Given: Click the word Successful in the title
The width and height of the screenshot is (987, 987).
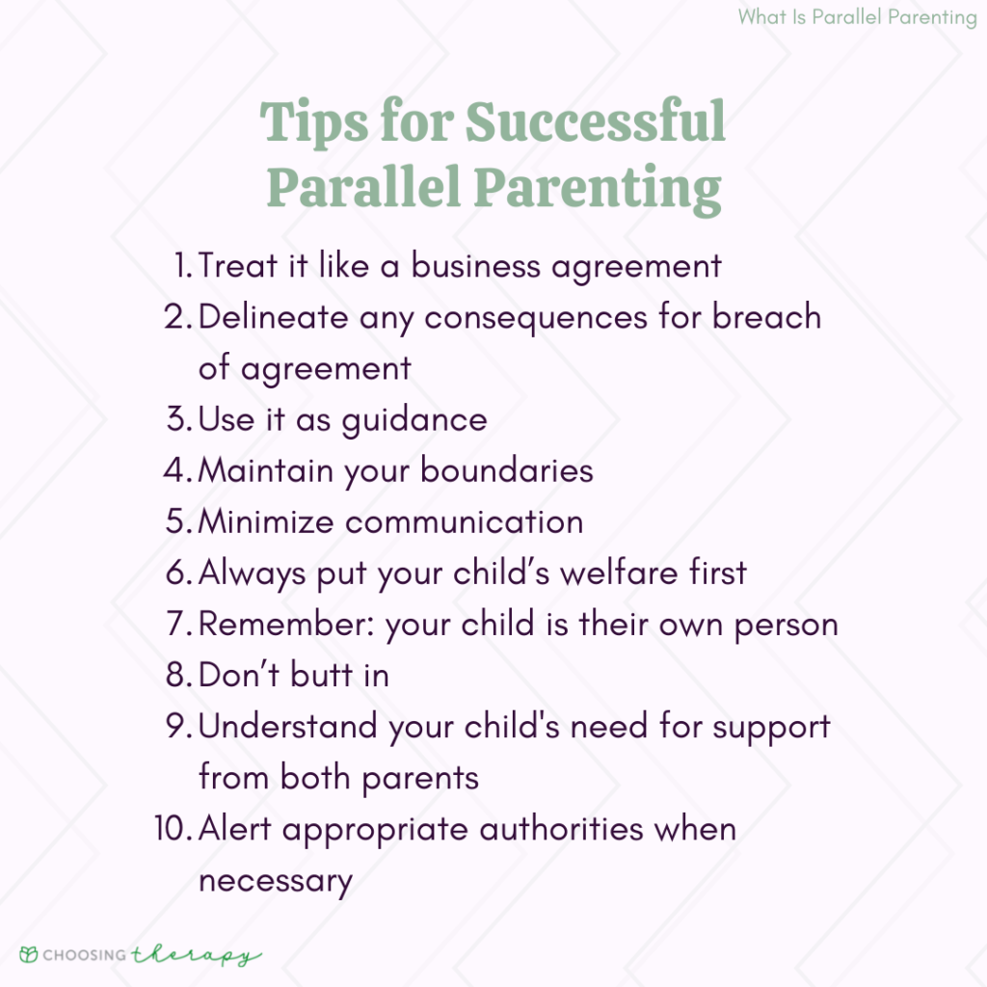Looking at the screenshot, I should click(595, 124).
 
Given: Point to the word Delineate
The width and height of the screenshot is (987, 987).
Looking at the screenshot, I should click(274, 317).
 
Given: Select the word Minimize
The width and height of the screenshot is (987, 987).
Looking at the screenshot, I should click(267, 521).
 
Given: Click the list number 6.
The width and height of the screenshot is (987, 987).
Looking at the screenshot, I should click(178, 573).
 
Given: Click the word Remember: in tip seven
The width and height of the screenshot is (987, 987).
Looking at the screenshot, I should click(286, 624).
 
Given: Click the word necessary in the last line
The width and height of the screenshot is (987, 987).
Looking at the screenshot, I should click(275, 880).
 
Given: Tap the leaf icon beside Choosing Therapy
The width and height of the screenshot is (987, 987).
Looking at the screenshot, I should click(30, 955).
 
